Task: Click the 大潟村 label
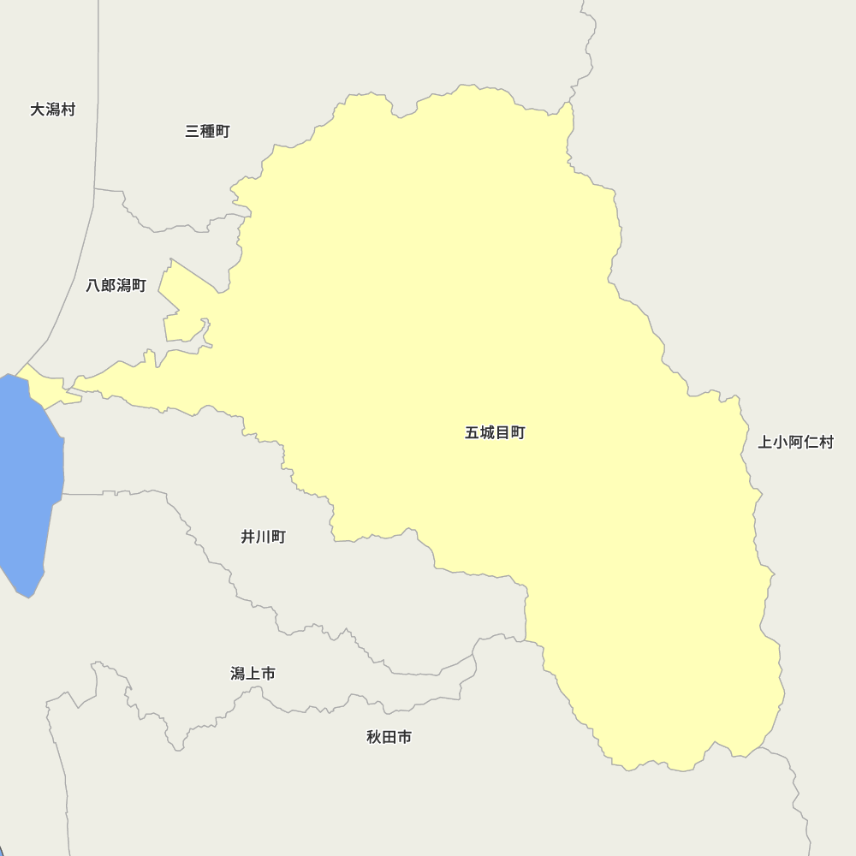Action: [x=52, y=110]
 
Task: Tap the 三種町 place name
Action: [x=207, y=132]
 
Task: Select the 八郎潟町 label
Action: [x=116, y=286]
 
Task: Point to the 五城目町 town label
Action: [x=495, y=433]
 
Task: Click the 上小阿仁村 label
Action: [x=795, y=443]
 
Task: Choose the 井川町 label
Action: [x=263, y=538]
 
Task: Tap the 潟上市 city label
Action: [x=253, y=675]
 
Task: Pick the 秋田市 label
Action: [x=389, y=737]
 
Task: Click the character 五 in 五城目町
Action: [x=473, y=433]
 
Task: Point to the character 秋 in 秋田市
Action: [x=374, y=737]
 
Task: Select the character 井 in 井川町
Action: [x=248, y=538]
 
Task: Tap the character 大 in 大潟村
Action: [x=38, y=110]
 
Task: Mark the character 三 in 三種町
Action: [x=193, y=132]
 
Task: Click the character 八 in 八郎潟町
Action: [x=94, y=286]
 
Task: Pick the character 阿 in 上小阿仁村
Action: [x=795, y=443]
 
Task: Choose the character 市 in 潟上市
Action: [x=268, y=675]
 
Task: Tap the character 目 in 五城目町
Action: [x=502, y=433]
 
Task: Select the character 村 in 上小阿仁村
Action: [x=826, y=443]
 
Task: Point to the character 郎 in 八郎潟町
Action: [x=109, y=286]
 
